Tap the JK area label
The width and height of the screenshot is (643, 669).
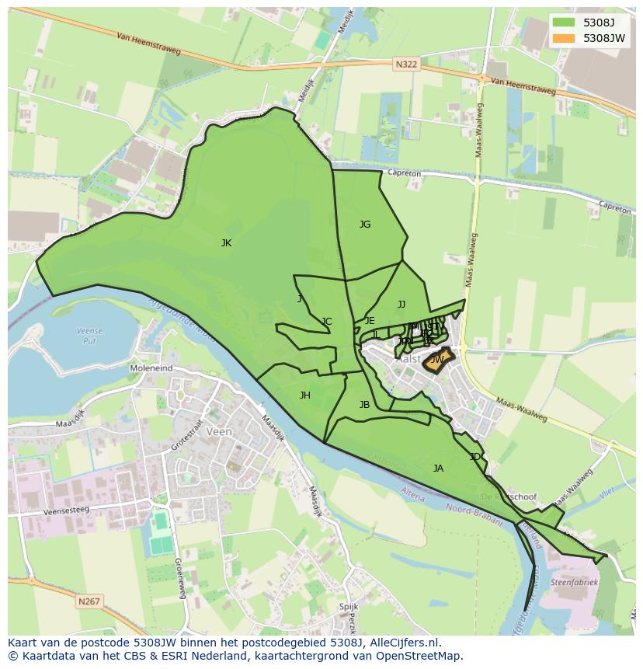226,243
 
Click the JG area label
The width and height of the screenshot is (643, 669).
365,225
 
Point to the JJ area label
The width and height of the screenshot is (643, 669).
401,305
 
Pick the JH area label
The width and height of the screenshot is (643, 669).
305,395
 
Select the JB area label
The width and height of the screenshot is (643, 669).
364,405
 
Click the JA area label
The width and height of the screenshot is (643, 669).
438,469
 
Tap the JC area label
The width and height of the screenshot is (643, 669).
327,322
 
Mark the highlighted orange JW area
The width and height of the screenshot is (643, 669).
437,361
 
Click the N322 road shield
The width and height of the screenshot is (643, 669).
405,65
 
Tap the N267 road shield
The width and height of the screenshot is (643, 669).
89,601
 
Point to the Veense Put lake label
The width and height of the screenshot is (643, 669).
90,336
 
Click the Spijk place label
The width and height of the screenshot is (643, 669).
349,607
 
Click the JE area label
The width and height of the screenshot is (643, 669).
370,321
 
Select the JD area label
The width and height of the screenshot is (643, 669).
474,457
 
